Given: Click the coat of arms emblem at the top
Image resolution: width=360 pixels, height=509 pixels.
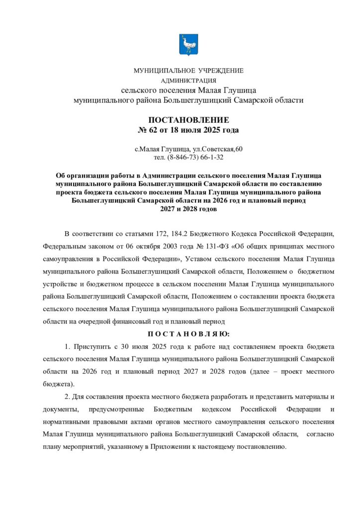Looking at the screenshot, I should pyautogui.click(x=188, y=45).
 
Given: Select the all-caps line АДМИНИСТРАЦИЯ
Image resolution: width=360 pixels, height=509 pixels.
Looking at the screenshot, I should pyautogui.click(x=188, y=80).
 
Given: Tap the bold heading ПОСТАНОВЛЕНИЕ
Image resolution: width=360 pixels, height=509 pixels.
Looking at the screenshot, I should pyautogui.click(x=188, y=120).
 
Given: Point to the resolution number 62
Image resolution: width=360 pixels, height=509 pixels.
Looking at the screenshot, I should pyautogui.click(x=153, y=130).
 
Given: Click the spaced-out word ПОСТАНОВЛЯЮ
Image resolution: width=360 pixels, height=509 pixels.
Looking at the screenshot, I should pyautogui.click(x=188, y=334).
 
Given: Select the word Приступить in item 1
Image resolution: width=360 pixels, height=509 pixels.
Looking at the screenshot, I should pyautogui.click(x=90, y=345).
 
